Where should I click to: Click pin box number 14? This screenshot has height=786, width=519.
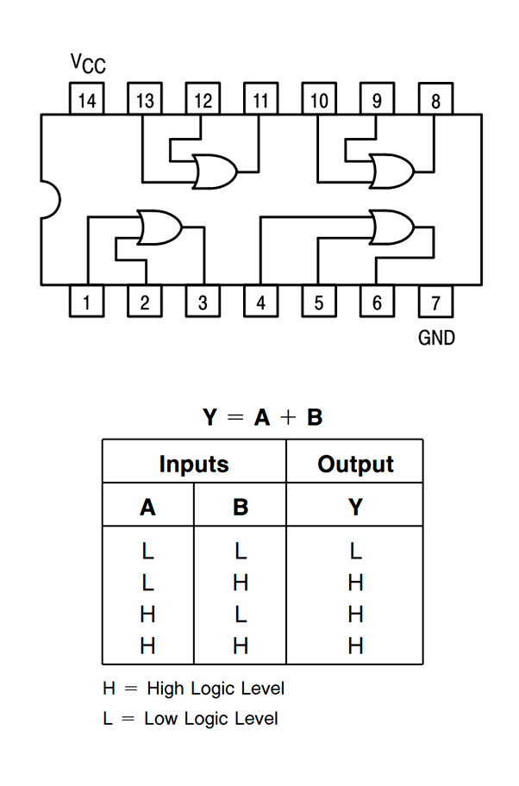[x=86, y=100]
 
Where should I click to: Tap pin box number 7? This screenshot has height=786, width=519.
[x=435, y=303]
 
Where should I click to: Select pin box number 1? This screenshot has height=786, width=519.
[x=86, y=303]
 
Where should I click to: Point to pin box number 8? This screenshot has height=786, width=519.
[x=435, y=100]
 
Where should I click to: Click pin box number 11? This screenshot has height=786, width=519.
[x=260, y=100]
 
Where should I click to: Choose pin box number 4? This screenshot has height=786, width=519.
[x=260, y=303]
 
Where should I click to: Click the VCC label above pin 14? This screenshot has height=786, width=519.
[x=88, y=64]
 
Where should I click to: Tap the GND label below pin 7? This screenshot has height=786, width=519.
[x=436, y=338]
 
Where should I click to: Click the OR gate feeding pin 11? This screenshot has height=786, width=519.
[x=216, y=172]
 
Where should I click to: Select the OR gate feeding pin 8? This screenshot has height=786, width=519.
[x=391, y=172]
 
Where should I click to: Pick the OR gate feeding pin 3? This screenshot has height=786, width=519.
[x=159, y=228]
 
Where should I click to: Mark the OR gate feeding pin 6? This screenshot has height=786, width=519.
[x=391, y=228]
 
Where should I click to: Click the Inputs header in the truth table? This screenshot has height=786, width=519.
[x=194, y=465]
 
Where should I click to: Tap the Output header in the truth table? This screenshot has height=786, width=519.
[x=355, y=465]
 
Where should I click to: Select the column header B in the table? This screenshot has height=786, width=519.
[x=241, y=507]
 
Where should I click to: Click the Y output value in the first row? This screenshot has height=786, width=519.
[x=355, y=550]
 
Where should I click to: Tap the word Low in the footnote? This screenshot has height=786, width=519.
[x=162, y=718]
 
